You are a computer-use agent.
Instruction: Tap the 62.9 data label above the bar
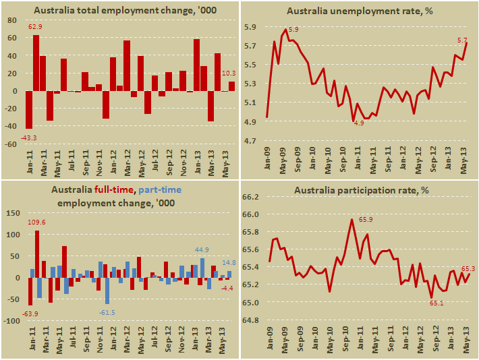[35, 28]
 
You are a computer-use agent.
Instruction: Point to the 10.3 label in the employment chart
[229, 73]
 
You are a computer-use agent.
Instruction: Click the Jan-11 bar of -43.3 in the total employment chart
[29, 109]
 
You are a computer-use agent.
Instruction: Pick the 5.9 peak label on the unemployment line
[293, 30]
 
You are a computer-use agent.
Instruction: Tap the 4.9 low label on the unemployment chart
[358, 123]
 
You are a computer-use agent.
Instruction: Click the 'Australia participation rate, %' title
[362, 191]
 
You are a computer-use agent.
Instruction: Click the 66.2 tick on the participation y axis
[250, 197]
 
